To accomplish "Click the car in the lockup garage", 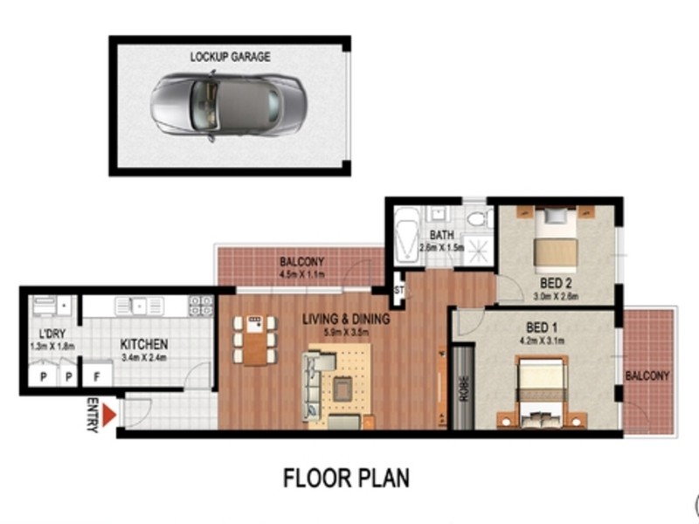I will pos(228,105).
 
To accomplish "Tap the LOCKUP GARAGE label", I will pos(230,57).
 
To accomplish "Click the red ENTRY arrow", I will pos(109,415).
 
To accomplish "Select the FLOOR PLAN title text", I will pos(346,478).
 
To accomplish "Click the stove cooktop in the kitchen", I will pos(200,306).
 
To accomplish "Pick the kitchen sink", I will pos(140,306).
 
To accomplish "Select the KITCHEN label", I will pos(143,344).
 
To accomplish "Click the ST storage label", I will pos(399,290).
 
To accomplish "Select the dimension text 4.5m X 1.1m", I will pos(302,272).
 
